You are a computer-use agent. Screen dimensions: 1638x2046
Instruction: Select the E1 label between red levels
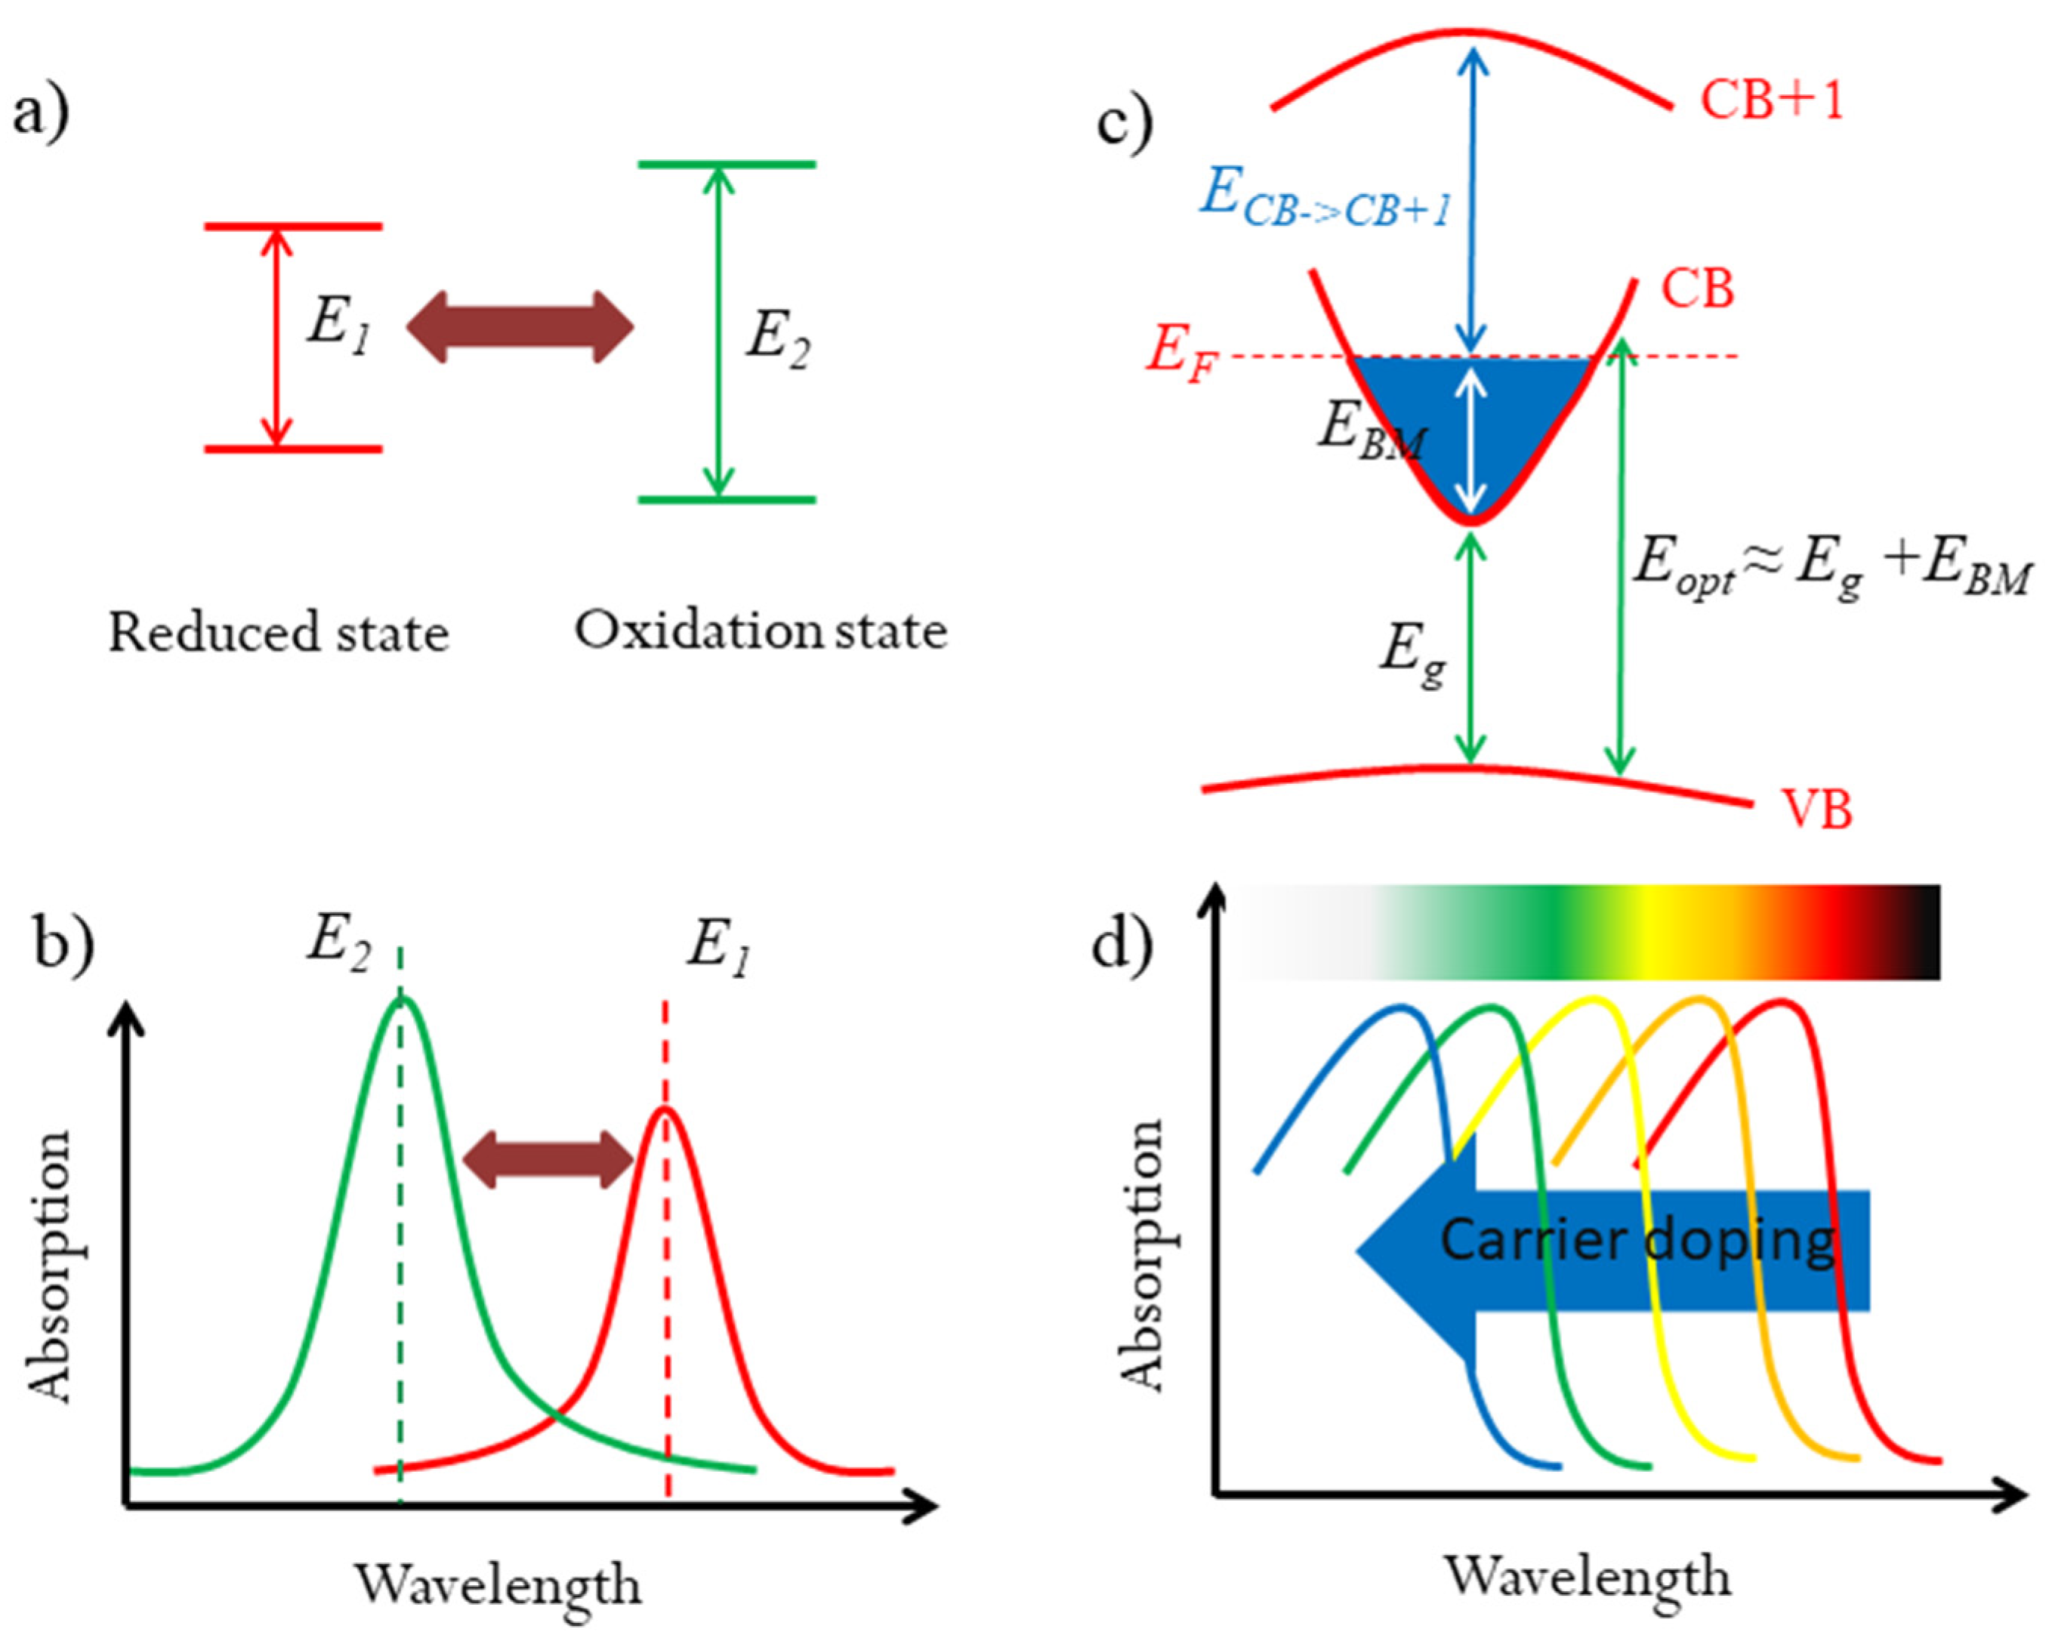(338, 325)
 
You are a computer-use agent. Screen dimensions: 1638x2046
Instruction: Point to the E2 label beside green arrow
(777, 339)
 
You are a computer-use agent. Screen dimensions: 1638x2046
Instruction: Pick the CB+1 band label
(1771, 100)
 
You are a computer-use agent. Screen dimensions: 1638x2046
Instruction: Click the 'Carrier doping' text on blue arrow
(1636, 1240)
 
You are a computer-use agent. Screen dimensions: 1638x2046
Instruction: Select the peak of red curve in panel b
(665, 1109)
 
